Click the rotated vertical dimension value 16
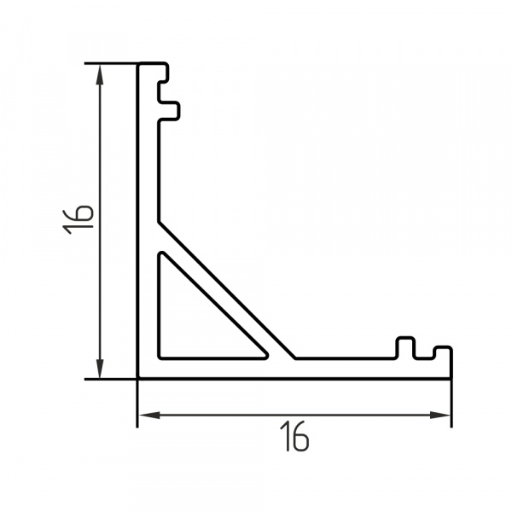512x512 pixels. point(78,219)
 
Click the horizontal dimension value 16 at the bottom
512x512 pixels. point(294,438)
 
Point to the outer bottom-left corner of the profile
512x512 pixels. point(139,376)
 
